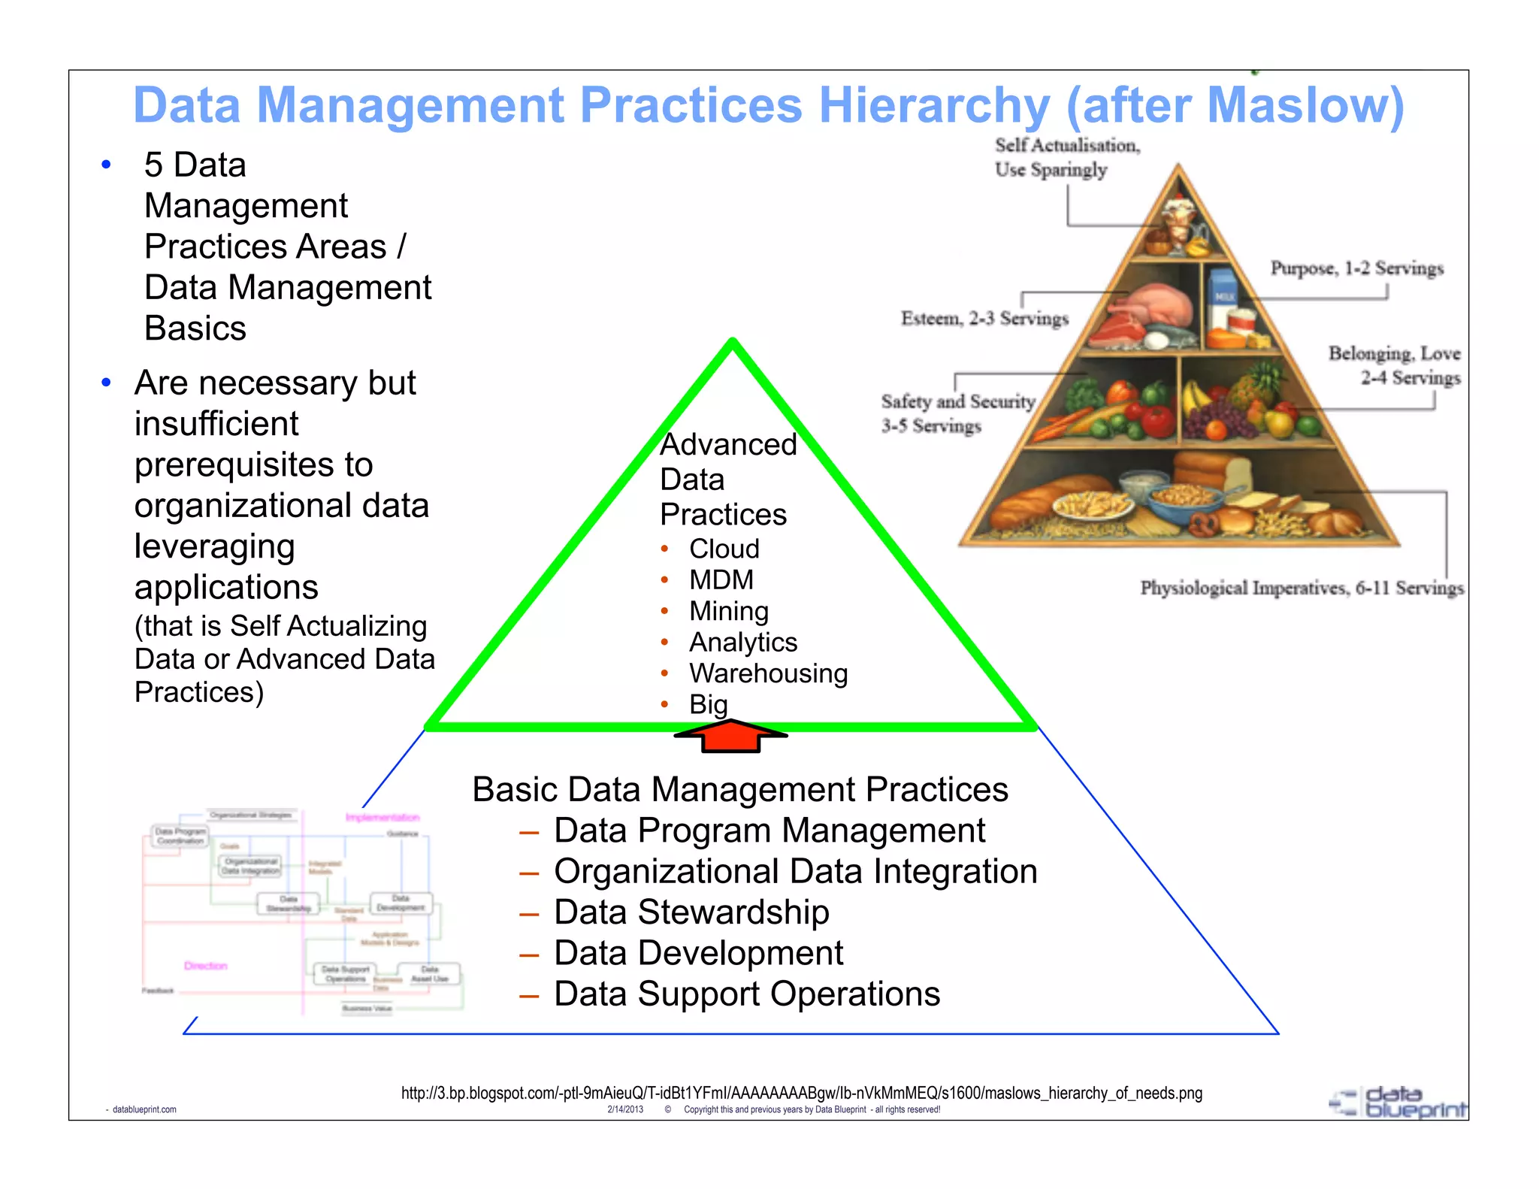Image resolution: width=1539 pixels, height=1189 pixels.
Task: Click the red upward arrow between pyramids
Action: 730,736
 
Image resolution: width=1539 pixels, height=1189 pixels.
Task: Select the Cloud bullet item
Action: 724,549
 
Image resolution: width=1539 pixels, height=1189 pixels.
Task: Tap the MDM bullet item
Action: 721,580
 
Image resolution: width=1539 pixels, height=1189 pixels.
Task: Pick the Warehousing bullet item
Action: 768,673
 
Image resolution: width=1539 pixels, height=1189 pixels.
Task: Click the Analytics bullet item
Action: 742,643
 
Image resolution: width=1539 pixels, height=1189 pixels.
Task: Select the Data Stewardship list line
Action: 691,912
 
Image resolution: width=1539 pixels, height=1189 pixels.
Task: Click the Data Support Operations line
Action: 746,994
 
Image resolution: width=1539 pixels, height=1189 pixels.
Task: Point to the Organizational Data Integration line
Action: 795,872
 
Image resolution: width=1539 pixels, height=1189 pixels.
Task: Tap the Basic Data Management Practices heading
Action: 739,790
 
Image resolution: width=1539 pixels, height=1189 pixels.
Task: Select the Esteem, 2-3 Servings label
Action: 984,319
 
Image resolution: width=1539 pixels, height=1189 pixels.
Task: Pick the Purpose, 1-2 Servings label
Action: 1356,268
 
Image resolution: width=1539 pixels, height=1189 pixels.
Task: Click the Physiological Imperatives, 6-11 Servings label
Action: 1302,588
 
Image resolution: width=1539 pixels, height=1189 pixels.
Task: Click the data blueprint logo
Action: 1398,1102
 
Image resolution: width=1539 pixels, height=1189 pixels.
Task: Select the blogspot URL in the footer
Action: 801,1093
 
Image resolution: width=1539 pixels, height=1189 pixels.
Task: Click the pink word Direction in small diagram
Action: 205,966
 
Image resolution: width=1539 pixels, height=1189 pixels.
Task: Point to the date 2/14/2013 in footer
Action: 624,1109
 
